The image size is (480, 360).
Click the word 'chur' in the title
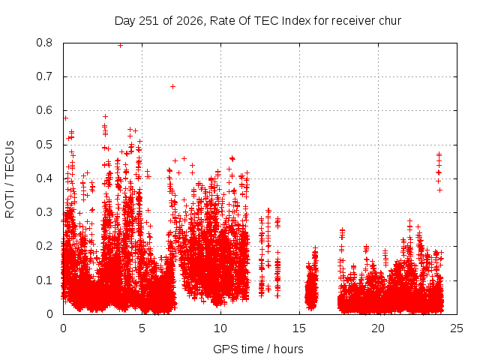click(390, 21)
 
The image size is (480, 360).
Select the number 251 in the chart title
click(148, 21)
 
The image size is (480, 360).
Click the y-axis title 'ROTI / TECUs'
click(10, 179)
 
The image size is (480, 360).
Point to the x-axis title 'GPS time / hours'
click(258, 349)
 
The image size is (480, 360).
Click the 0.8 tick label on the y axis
click(44, 43)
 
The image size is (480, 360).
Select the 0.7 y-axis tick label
click(44, 76)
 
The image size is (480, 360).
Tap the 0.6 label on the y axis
click(44, 110)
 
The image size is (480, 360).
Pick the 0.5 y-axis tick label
click(44, 145)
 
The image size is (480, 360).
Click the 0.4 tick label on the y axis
click(44, 178)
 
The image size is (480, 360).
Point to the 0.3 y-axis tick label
click(44, 212)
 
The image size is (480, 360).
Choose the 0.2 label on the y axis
click(44, 246)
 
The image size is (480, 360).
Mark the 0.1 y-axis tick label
click(44, 280)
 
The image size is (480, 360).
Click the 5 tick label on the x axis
click(142, 328)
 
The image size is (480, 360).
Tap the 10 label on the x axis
click(220, 328)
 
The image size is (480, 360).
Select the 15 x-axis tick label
click(299, 328)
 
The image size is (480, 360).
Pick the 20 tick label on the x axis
click(378, 328)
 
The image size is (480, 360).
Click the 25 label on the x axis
click(457, 328)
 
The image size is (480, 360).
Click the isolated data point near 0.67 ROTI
click(172, 87)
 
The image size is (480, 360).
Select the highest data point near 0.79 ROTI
click(120, 45)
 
